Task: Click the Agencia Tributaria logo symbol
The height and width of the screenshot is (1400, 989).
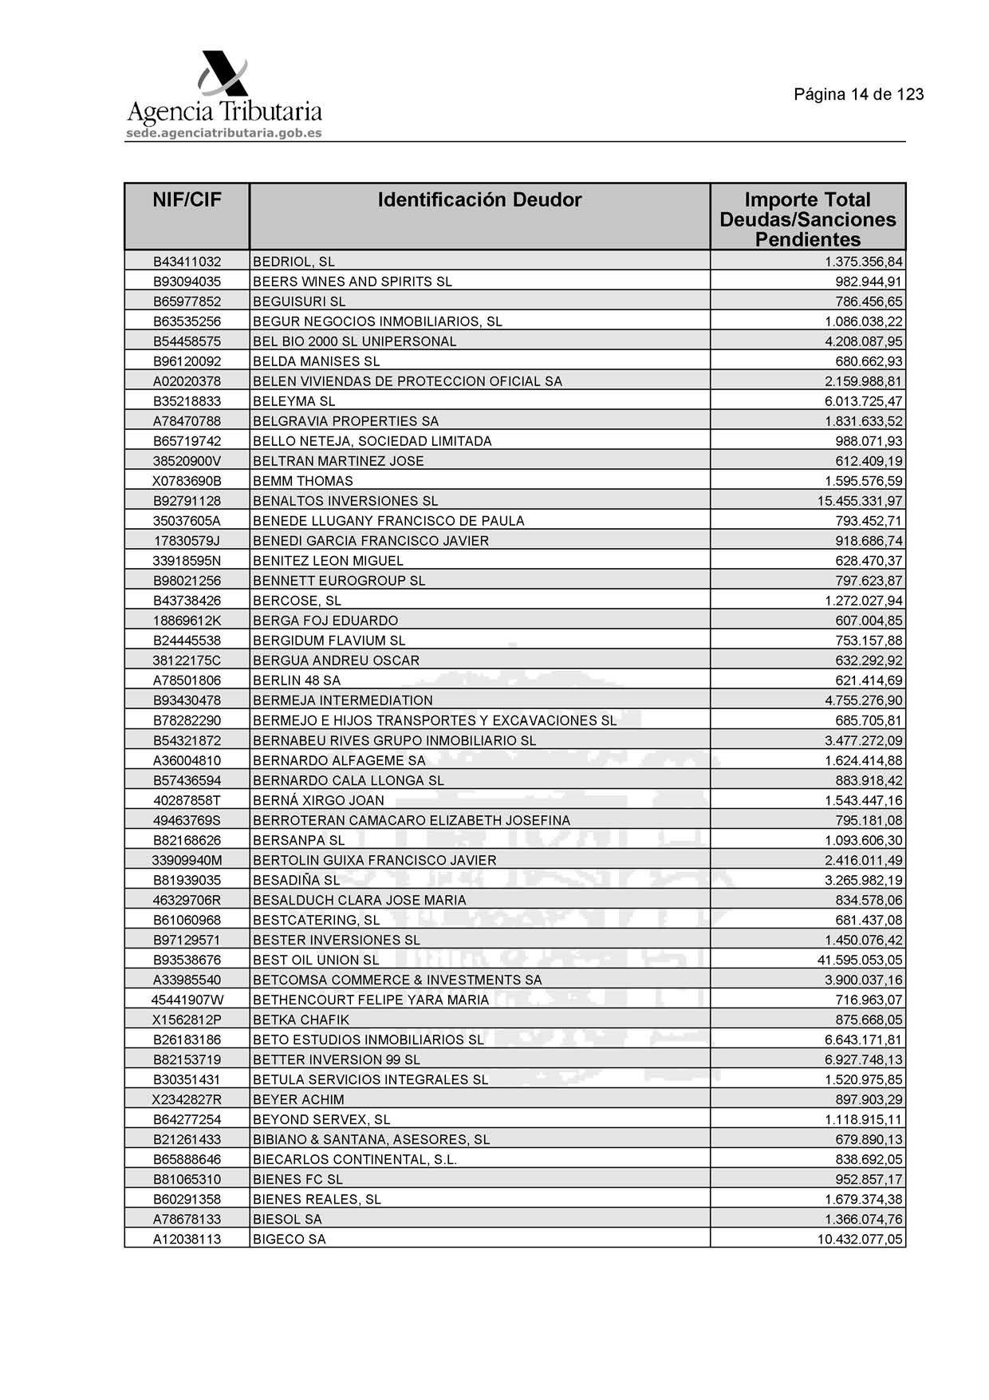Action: (x=223, y=74)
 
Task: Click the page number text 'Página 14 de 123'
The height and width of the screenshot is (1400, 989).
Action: (x=858, y=94)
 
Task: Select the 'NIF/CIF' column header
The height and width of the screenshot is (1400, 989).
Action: (x=187, y=199)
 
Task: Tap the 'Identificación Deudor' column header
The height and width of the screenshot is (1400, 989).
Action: (x=479, y=199)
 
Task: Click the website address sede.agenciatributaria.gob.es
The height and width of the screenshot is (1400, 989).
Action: (x=223, y=133)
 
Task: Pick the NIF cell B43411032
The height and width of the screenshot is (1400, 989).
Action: (x=187, y=262)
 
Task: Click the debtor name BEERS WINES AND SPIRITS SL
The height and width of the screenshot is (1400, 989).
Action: (x=352, y=282)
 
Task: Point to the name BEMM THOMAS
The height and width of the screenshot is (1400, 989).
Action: (x=302, y=481)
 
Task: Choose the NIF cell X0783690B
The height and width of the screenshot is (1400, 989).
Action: (x=187, y=481)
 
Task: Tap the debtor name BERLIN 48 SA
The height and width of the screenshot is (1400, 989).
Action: (x=296, y=680)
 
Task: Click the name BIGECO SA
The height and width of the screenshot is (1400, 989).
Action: (x=289, y=1239)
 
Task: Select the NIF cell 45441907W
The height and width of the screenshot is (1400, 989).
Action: (x=187, y=1000)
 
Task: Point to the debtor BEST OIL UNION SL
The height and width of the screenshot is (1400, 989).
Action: (x=316, y=960)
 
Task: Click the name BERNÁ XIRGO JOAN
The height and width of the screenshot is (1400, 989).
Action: (x=318, y=800)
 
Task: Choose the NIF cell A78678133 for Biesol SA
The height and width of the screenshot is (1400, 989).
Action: (x=187, y=1219)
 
